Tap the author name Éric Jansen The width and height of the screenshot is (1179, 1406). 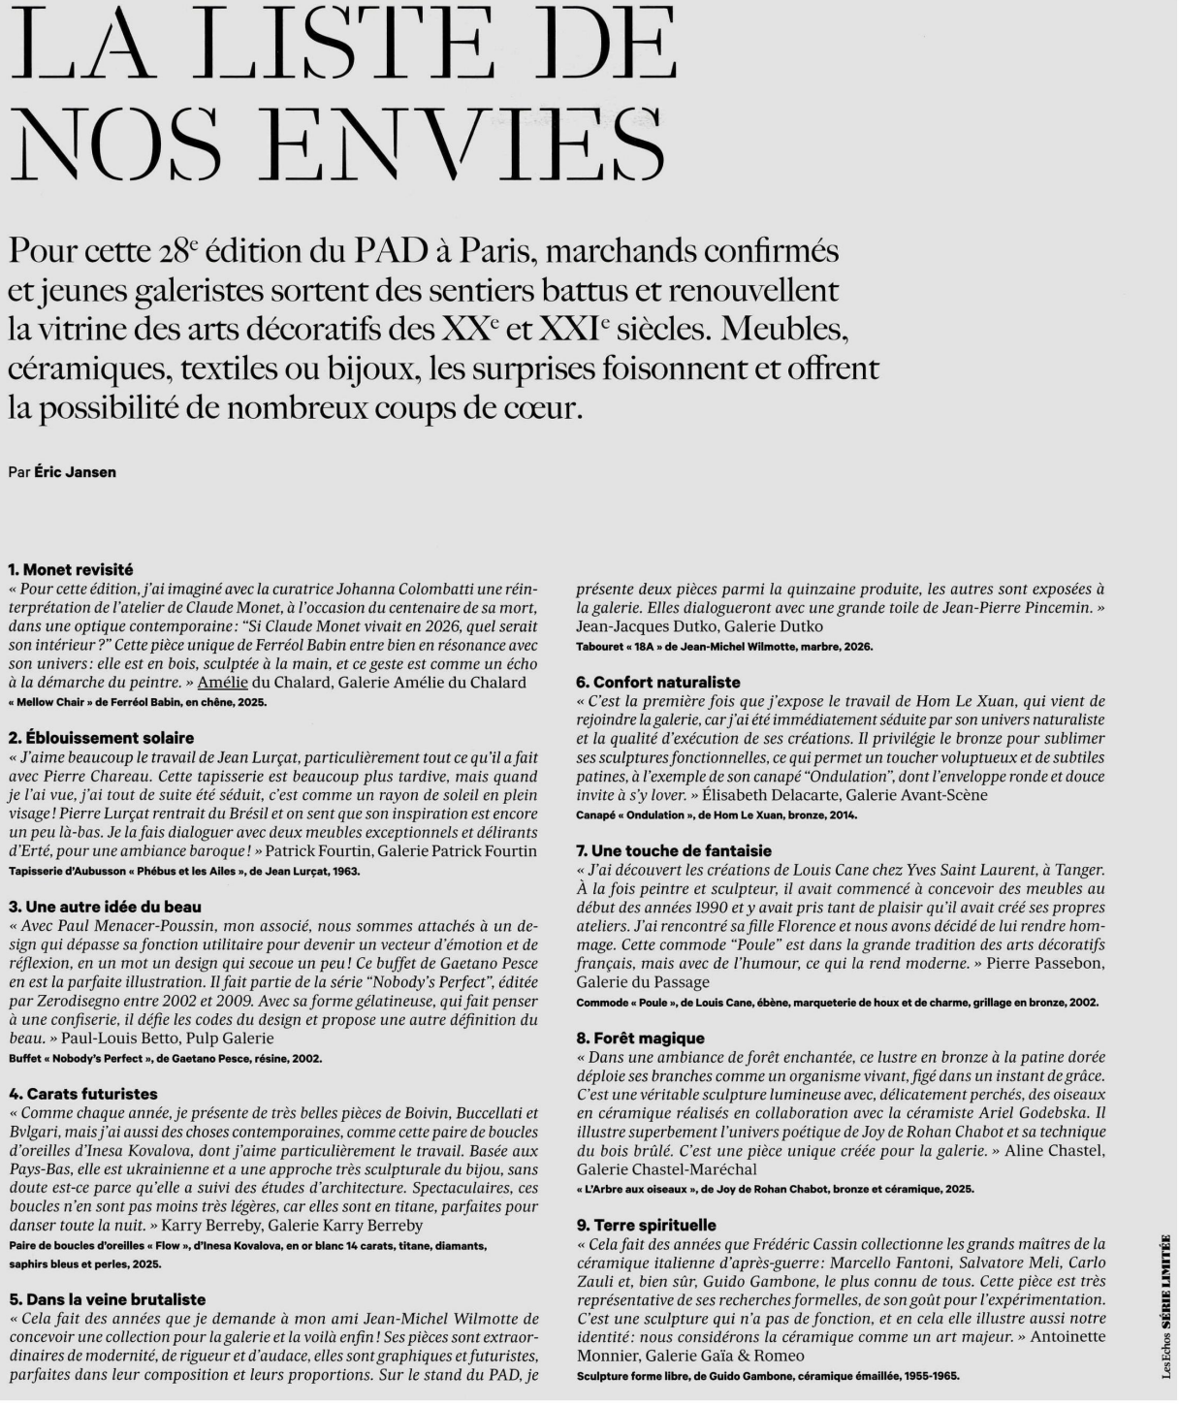coord(75,472)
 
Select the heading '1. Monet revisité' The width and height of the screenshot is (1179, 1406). coord(70,569)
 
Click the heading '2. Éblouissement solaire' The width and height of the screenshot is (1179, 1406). coord(101,738)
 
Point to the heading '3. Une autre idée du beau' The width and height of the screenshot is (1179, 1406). coord(105,907)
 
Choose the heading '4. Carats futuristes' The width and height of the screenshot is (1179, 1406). coord(83,1094)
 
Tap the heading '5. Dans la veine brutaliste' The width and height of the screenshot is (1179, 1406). coord(109,1299)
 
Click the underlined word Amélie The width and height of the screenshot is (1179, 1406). coord(222,683)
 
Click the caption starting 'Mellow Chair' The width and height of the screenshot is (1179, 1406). coord(137,702)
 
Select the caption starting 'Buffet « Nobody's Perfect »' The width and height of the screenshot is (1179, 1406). coord(165,1058)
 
